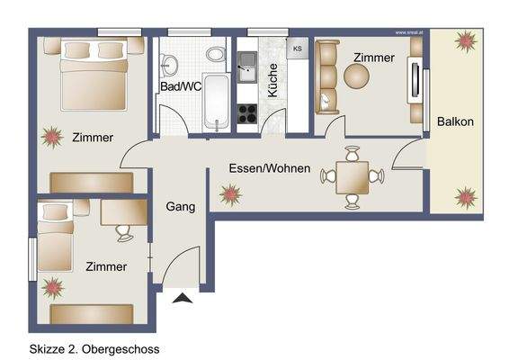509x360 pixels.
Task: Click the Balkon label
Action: pos(455,121)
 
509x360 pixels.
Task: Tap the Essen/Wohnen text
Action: pos(270,168)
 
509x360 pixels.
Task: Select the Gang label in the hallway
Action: pos(181,207)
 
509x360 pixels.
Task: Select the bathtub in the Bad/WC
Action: pos(216,101)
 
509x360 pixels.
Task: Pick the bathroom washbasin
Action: pos(167,63)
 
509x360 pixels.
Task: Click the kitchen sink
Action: pos(247,63)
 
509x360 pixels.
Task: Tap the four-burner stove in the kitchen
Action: pos(246,112)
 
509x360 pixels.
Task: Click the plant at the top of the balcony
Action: pos(465,40)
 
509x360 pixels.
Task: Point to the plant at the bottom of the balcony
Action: pos(465,195)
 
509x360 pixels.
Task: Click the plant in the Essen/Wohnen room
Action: pos(230,193)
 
